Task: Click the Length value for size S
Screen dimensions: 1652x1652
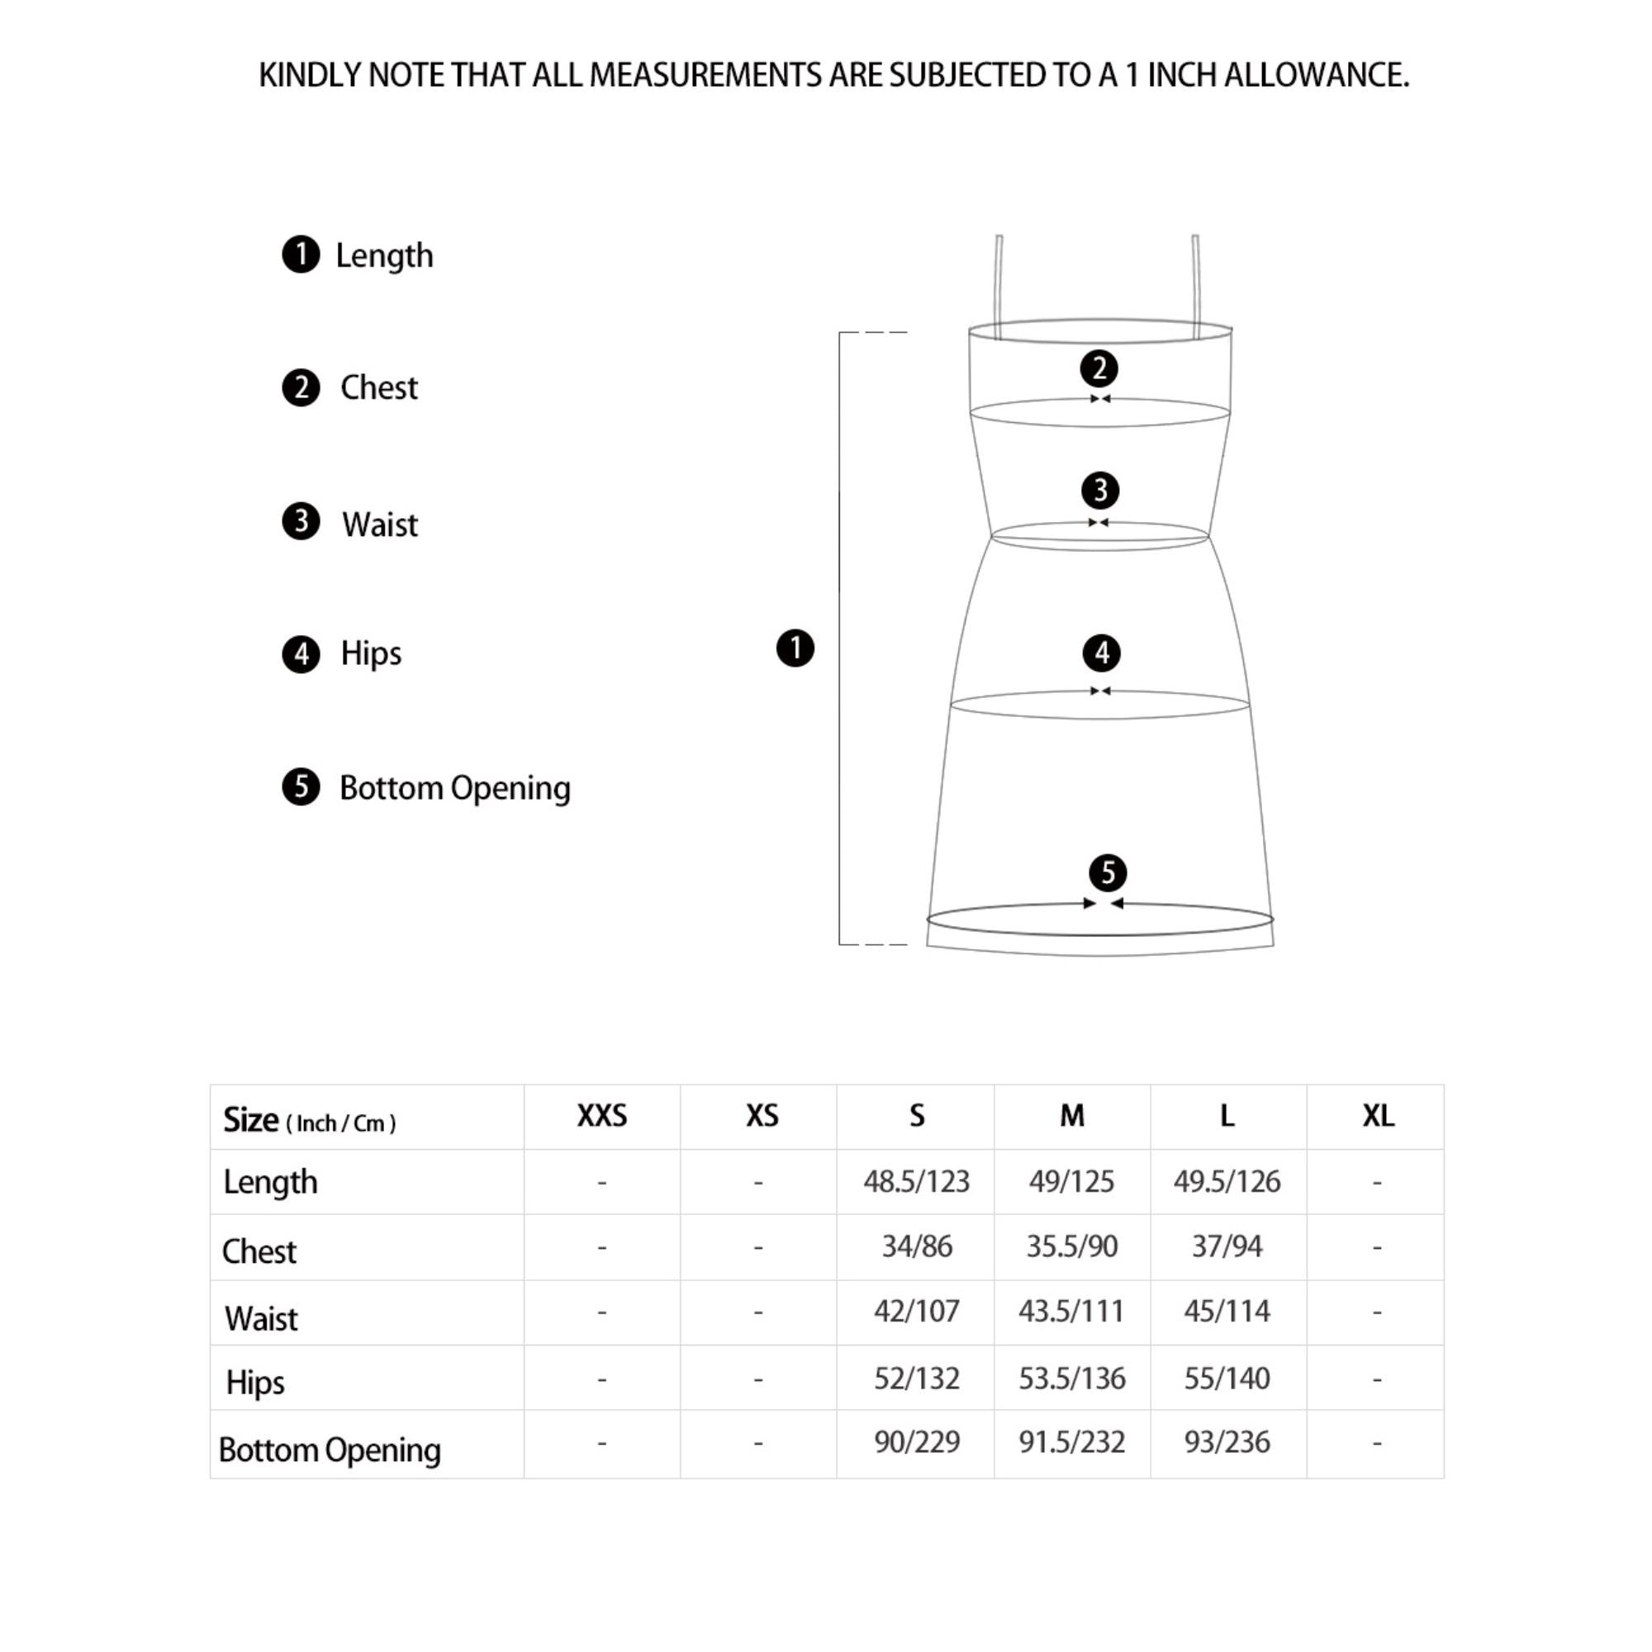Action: tap(916, 1182)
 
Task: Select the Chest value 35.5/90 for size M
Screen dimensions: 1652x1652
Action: tap(1071, 1246)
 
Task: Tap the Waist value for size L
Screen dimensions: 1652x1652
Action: tap(1226, 1311)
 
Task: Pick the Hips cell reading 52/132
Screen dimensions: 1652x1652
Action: tap(916, 1379)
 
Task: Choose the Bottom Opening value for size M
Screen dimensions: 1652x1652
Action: tap(1071, 1442)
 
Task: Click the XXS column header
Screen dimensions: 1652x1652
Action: tap(602, 1116)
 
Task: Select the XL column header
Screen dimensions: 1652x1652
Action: tap(1378, 1116)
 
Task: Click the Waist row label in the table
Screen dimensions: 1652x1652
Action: tap(262, 1318)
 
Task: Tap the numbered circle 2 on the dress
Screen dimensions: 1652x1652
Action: tap(1099, 368)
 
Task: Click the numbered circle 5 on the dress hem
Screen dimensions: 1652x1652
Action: tap(1108, 873)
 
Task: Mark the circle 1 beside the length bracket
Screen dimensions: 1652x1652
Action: tap(795, 648)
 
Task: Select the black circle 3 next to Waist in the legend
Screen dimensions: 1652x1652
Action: tap(301, 521)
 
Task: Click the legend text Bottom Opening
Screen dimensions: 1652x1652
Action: tap(455, 787)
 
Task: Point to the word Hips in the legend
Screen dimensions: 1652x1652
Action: tap(371, 653)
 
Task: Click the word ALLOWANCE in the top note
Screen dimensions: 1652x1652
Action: tap(1316, 75)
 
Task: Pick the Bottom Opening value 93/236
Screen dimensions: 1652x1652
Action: tap(1226, 1442)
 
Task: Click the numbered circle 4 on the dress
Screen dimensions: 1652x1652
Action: tap(1101, 653)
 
